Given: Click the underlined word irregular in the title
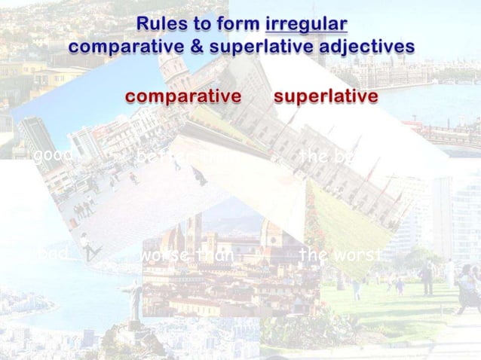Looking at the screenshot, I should [307, 26].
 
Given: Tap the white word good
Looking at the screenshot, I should [52, 156].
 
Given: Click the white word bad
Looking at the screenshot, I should [53, 255].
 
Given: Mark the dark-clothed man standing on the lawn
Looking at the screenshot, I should [427, 279].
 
